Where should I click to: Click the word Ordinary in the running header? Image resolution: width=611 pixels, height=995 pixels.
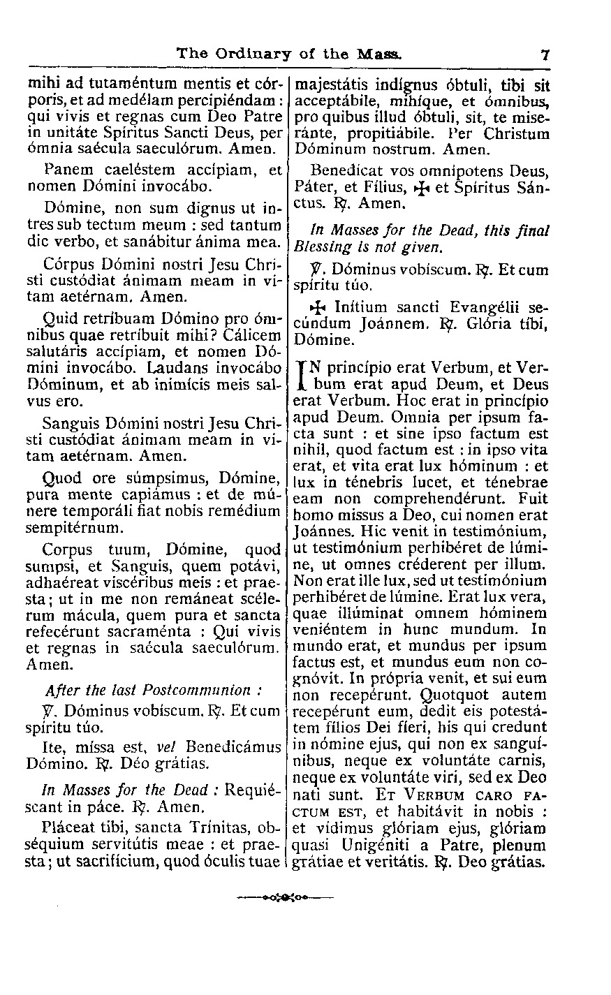click(x=251, y=53)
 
